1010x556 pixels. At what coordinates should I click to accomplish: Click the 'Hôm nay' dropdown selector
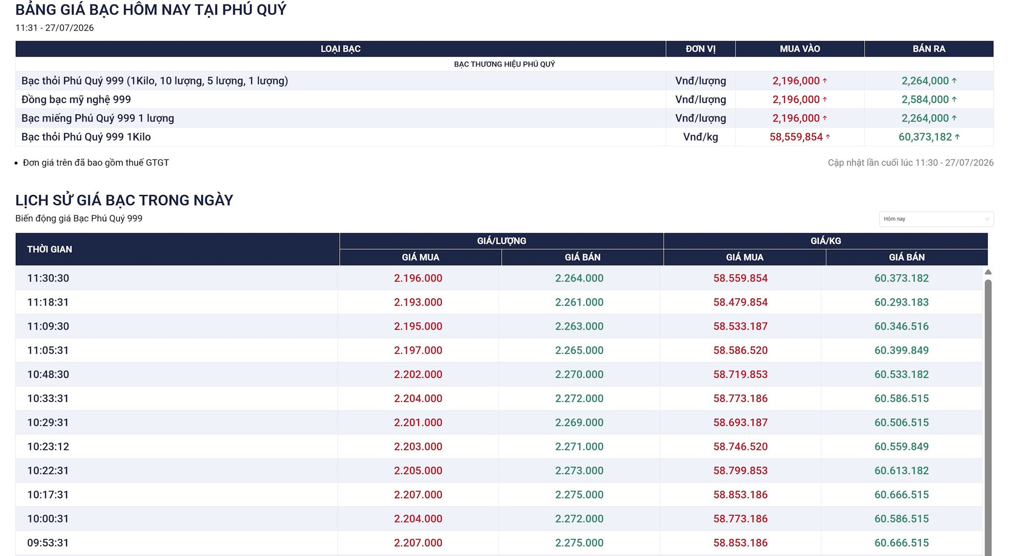pyautogui.click(x=936, y=219)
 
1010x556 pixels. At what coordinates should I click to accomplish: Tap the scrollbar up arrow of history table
pyautogui.click(x=988, y=272)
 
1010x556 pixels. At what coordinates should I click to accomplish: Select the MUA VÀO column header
pyautogui.click(x=800, y=49)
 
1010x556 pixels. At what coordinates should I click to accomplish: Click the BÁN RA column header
pyautogui.click(x=929, y=49)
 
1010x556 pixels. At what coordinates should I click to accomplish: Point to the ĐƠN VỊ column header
pyautogui.click(x=700, y=49)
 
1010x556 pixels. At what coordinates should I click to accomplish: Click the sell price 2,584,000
pyautogui.click(x=925, y=100)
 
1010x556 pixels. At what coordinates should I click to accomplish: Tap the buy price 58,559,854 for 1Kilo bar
pyautogui.click(x=796, y=137)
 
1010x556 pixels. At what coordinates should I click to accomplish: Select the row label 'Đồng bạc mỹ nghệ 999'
pyautogui.click(x=76, y=100)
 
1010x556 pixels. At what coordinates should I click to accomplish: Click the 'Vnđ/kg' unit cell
pyautogui.click(x=700, y=137)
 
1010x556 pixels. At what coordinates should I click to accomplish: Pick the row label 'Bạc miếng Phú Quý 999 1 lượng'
pyautogui.click(x=98, y=118)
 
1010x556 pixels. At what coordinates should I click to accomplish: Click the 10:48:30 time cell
pyautogui.click(x=48, y=375)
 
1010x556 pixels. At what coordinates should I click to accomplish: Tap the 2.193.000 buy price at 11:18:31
pyautogui.click(x=418, y=302)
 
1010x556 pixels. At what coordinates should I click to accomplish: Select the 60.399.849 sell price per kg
pyautogui.click(x=902, y=350)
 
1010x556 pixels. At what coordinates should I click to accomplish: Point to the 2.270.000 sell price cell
pyautogui.click(x=579, y=375)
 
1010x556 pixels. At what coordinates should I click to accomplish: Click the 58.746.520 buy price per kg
pyautogui.click(x=740, y=447)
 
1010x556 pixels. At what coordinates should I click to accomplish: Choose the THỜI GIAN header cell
pyautogui.click(x=49, y=249)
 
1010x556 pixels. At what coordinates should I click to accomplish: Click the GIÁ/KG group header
pyautogui.click(x=826, y=241)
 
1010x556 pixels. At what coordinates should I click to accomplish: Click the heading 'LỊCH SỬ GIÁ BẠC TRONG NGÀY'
pyautogui.click(x=124, y=200)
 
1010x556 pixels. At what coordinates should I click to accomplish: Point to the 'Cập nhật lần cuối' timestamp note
pyautogui.click(x=910, y=163)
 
